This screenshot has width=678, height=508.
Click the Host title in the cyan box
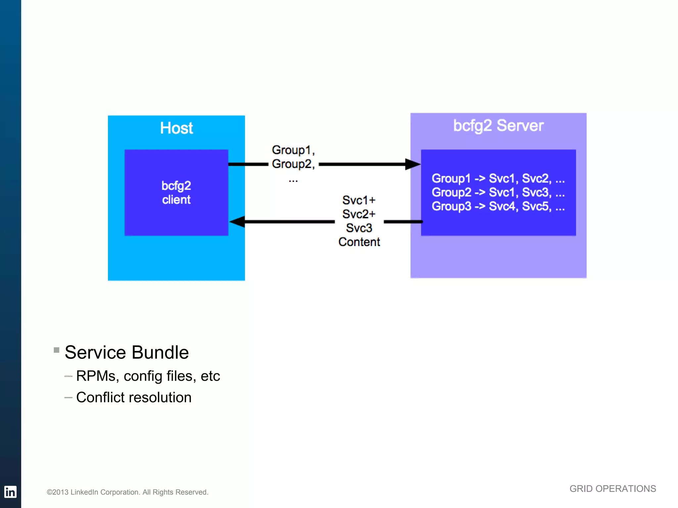pyautogui.click(x=176, y=128)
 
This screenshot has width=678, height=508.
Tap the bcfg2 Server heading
pyautogui.click(x=498, y=126)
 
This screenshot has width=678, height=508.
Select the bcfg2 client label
pyautogui.click(x=176, y=192)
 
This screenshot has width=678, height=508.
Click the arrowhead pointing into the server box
pyautogui.click(x=413, y=164)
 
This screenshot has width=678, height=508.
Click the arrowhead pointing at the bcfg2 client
pyautogui.click(x=237, y=222)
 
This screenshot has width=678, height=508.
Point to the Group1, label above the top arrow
pyautogui.click(x=293, y=150)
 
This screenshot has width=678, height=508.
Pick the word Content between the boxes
pyautogui.click(x=359, y=242)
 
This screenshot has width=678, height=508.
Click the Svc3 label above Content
pyautogui.click(x=359, y=228)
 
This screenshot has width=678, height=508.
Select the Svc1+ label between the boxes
pyautogui.click(x=359, y=200)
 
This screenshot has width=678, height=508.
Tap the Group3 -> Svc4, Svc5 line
pyautogui.click(x=498, y=206)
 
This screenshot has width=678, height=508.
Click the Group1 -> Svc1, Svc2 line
pyautogui.click(x=498, y=178)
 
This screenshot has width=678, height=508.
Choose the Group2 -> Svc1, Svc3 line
pyautogui.click(x=498, y=192)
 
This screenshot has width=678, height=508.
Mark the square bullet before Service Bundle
pyautogui.click(x=57, y=350)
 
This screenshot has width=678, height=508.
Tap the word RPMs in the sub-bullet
pyautogui.click(x=96, y=376)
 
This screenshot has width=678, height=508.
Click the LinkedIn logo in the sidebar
pyautogui.click(x=10, y=492)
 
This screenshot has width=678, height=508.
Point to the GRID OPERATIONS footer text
pyautogui.click(x=612, y=488)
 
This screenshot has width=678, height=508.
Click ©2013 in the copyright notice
pyautogui.click(x=58, y=492)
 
